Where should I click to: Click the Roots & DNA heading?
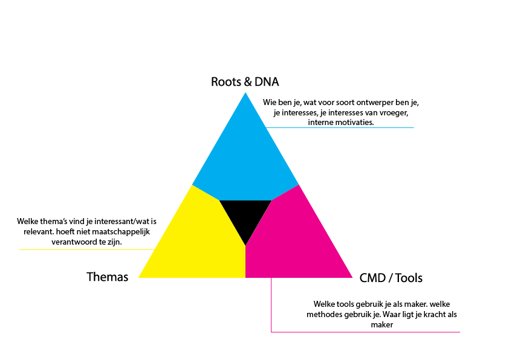click(x=245, y=82)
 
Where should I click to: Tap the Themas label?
click(x=108, y=277)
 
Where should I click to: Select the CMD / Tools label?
click(x=391, y=278)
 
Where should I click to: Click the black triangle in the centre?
click(x=245, y=216)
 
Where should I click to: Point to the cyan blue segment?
click(x=245, y=157)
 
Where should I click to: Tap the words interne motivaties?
click(x=340, y=121)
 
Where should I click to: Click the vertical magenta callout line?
click(x=271, y=305)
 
